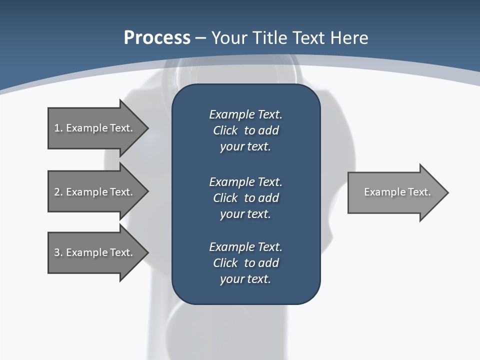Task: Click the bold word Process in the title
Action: coord(157,38)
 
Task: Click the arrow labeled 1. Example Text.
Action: coord(93,128)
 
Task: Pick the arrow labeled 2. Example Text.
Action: coord(93,192)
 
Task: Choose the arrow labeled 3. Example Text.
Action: coord(93,252)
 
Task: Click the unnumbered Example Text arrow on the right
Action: coord(397,192)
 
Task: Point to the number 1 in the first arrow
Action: coord(57,128)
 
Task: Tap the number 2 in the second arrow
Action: coord(57,192)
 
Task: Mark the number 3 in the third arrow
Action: coord(57,252)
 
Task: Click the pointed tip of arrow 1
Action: coord(146,128)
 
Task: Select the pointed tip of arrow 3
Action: coord(146,252)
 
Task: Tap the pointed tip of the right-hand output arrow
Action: coord(446,192)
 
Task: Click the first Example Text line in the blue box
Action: coord(245,114)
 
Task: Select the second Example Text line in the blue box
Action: coord(245,181)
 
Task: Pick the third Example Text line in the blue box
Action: coord(245,247)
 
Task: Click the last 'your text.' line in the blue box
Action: coord(245,279)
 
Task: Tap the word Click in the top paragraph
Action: coord(225,131)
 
